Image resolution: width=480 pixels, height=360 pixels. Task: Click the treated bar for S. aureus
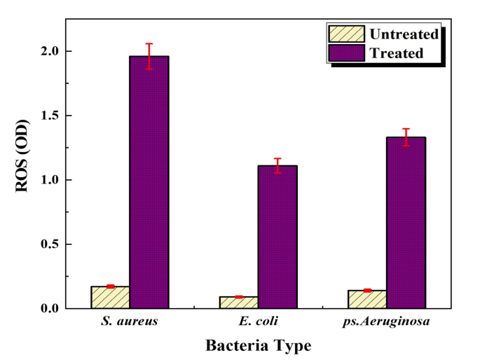pos(149,182)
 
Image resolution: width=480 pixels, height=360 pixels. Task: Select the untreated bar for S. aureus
pos(110,297)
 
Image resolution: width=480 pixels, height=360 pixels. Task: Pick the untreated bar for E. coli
pos(238,303)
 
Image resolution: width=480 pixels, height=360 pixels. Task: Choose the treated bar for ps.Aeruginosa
pos(406,223)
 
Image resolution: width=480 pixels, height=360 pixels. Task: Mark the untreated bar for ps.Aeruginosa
pos(367,299)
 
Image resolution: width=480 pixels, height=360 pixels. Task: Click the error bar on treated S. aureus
pos(149,56)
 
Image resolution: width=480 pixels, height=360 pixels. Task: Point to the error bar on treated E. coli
pos(277,165)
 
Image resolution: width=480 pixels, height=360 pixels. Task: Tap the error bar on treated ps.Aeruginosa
pos(406,137)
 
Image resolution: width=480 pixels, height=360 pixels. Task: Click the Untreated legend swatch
pos(345,34)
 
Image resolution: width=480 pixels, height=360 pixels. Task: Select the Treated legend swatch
pos(345,53)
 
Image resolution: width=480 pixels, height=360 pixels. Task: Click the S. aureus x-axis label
pos(130,322)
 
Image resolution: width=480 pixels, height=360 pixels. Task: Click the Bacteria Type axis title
pos(258,345)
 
